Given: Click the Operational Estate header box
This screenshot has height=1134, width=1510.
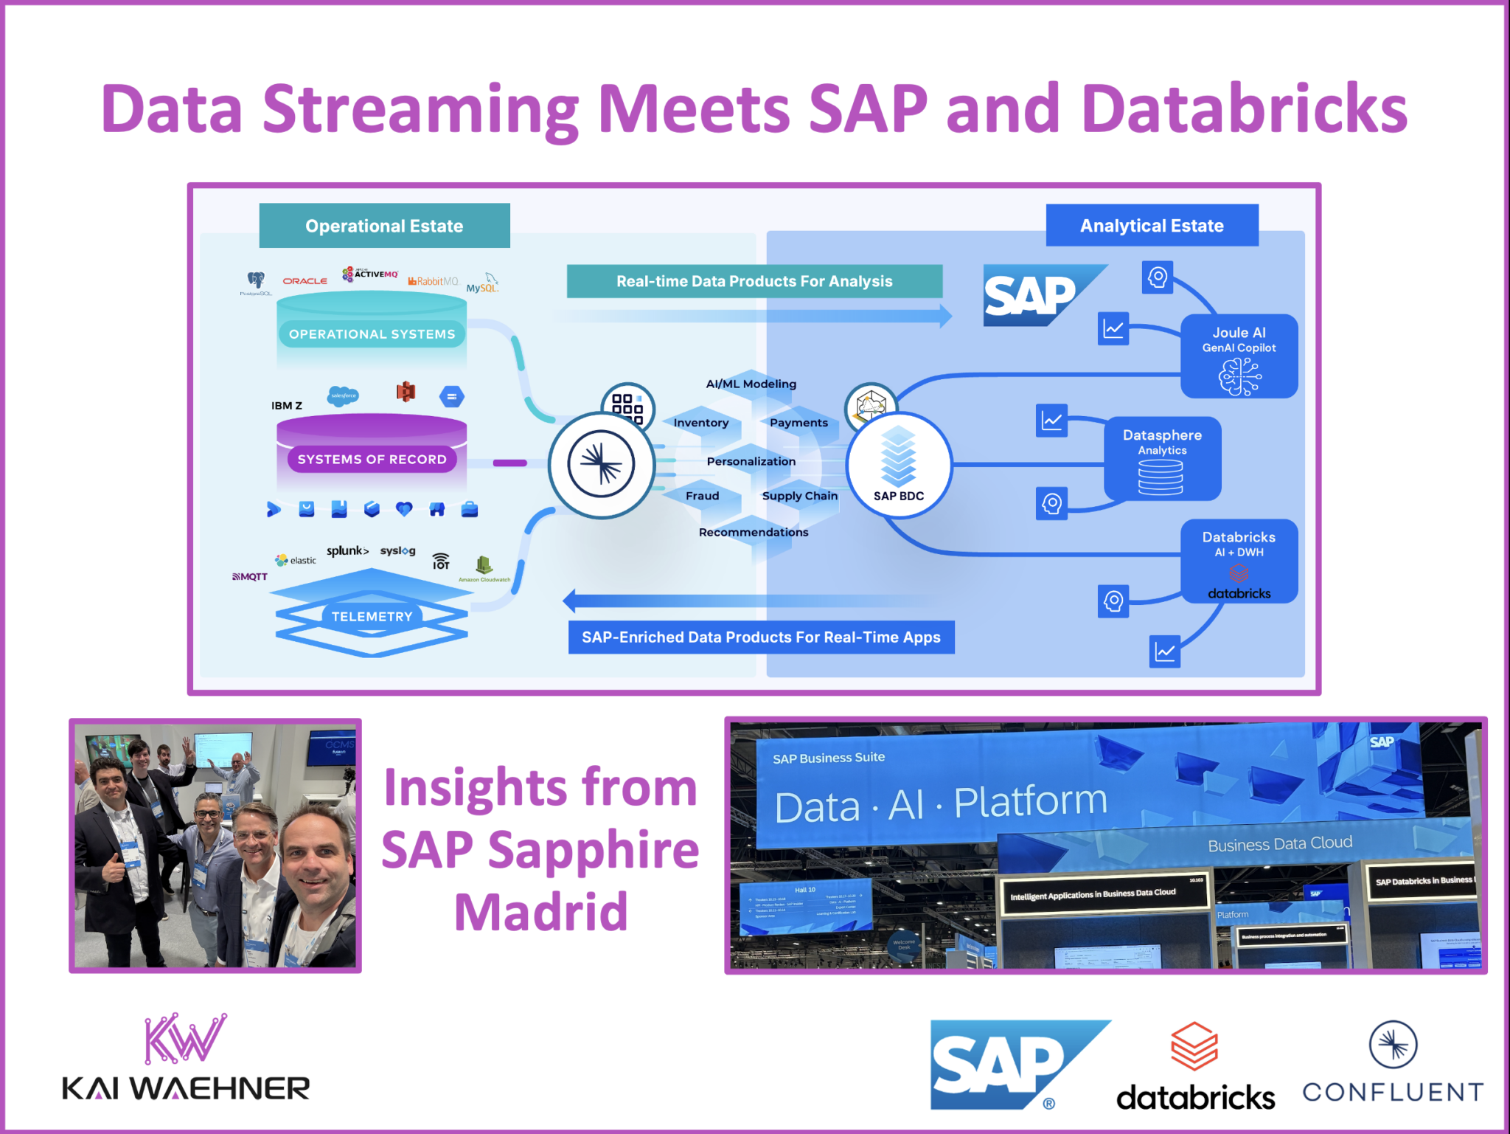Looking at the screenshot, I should click(x=384, y=226).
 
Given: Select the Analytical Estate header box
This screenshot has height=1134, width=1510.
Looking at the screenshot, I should click(x=1151, y=226).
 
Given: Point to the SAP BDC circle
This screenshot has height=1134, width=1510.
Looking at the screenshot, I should click(x=898, y=466).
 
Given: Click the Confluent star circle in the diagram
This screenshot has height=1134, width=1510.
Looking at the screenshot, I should click(x=601, y=465).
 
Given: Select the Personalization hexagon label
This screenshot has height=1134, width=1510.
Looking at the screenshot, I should click(x=751, y=462).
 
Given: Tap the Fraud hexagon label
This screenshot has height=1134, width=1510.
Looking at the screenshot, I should click(x=702, y=496).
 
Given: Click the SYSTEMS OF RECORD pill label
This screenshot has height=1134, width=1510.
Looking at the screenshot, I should click(x=372, y=459).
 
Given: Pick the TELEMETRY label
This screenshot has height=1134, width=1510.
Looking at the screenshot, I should click(x=372, y=616).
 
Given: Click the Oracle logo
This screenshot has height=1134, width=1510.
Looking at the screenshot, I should click(x=305, y=281).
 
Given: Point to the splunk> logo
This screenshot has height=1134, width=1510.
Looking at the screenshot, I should click(x=347, y=551).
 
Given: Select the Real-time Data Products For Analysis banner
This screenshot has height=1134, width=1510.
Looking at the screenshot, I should click(x=754, y=281).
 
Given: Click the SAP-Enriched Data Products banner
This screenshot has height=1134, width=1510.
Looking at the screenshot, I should click(x=761, y=637).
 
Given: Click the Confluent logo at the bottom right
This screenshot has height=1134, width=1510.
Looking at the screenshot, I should click(x=1393, y=1062).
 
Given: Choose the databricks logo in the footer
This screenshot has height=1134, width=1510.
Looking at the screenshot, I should click(x=1195, y=1066).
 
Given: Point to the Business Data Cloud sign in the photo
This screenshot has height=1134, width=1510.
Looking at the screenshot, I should click(x=1279, y=844).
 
